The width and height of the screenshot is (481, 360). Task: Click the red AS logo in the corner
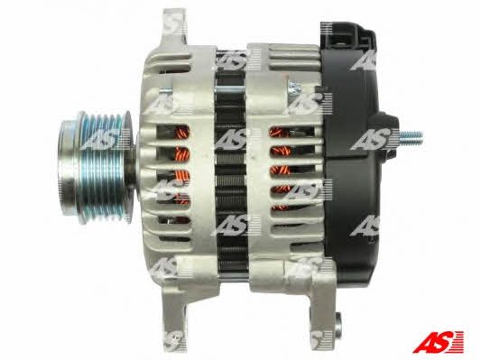pyautogui.click(x=438, y=341)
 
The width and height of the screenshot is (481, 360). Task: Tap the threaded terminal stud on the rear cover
pyautogui.click(x=411, y=135)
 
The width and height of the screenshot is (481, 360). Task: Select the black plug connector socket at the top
pyautogui.click(x=348, y=36)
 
